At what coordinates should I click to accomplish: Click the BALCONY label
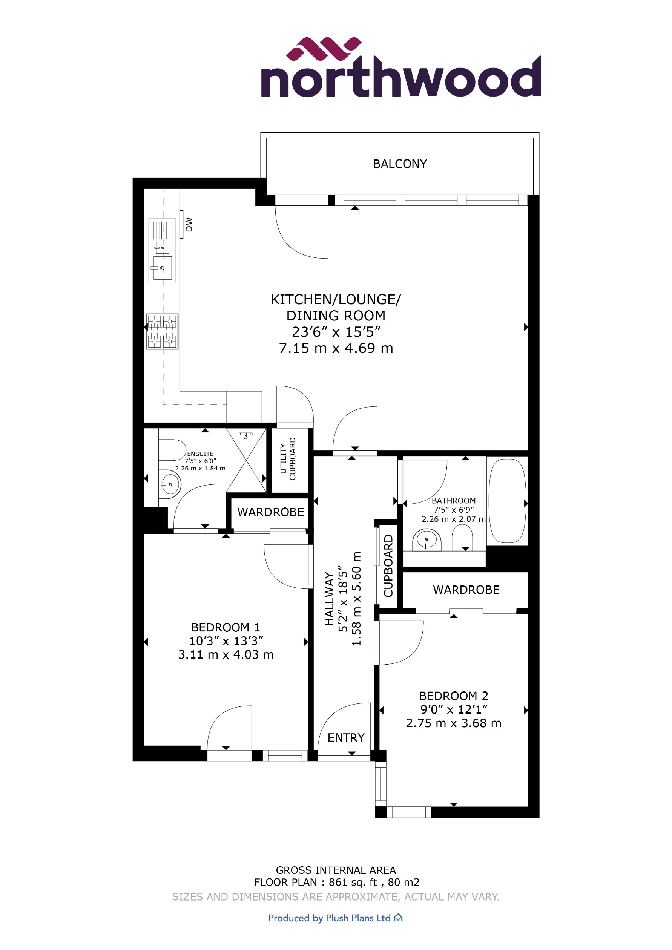click(x=400, y=164)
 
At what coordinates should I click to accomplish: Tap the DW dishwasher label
click(x=189, y=224)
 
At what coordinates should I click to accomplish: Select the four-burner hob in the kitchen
click(x=162, y=331)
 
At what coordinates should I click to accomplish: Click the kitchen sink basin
click(x=162, y=267)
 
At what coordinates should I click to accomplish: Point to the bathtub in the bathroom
click(x=507, y=501)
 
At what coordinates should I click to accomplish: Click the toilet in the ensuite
click(x=172, y=450)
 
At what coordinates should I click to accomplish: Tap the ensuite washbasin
click(x=170, y=483)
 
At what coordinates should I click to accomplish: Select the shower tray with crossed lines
click(x=246, y=461)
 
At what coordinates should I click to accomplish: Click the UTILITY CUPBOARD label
click(x=288, y=458)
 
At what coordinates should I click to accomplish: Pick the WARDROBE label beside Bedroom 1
click(x=271, y=512)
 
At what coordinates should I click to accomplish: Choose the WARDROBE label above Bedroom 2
click(x=466, y=590)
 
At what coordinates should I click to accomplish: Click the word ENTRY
click(x=346, y=738)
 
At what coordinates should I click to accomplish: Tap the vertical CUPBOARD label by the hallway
click(x=388, y=565)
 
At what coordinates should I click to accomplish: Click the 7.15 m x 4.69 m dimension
click(x=336, y=348)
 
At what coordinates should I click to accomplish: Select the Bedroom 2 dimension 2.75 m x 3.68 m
click(x=454, y=723)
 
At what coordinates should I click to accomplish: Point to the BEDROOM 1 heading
click(x=226, y=627)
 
